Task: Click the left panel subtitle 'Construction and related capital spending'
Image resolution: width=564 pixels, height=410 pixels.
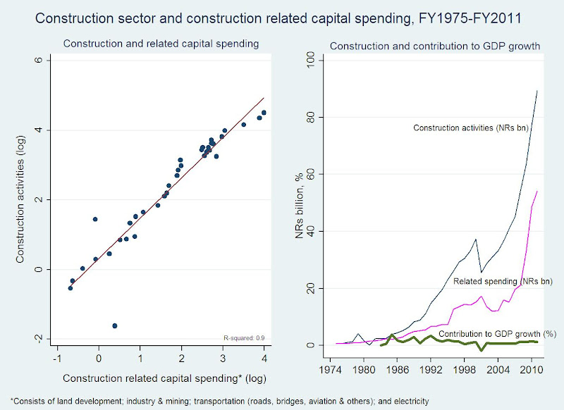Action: [x=161, y=44]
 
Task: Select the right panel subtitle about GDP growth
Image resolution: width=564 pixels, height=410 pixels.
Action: [x=435, y=46]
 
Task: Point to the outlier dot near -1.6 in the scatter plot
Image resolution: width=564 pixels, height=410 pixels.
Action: [x=114, y=325]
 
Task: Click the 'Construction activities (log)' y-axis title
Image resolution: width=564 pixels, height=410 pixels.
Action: [x=22, y=200]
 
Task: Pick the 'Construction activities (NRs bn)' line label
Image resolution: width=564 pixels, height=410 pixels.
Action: [x=470, y=128]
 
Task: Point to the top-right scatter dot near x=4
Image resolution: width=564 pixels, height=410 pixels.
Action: [x=264, y=113]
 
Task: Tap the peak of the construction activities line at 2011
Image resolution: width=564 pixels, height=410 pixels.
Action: [x=538, y=90]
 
